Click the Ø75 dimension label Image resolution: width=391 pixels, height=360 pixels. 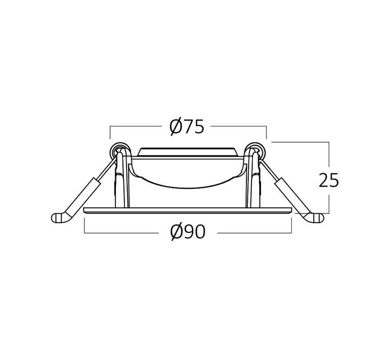(187, 127)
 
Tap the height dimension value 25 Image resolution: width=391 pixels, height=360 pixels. (329, 180)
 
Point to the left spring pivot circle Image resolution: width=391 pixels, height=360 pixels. (117, 150)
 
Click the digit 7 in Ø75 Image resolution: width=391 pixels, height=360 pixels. (188, 127)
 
